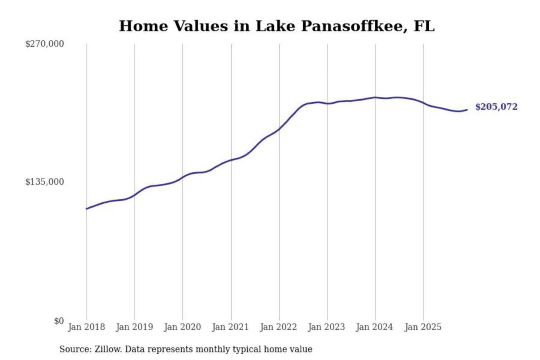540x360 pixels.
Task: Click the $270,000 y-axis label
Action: (x=45, y=44)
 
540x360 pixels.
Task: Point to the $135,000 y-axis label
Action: (x=45, y=182)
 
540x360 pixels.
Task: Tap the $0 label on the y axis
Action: (x=59, y=321)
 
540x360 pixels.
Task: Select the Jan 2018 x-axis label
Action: (x=87, y=327)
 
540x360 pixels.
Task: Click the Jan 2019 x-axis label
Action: (x=135, y=327)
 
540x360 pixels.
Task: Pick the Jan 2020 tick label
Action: (x=183, y=327)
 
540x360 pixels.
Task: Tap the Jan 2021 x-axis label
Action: (x=231, y=327)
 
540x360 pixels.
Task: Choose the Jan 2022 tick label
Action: (x=279, y=327)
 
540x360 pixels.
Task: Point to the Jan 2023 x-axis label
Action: (x=327, y=327)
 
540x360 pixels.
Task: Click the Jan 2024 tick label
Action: (x=375, y=327)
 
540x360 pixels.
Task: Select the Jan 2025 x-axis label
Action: (x=423, y=327)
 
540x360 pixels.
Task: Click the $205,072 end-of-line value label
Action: (x=496, y=107)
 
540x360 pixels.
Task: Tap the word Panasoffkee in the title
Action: (x=354, y=26)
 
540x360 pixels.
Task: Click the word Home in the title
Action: (x=141, y=26)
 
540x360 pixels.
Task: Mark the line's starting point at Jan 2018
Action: (x=87, y=208)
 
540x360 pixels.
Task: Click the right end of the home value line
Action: (x=467, y=110)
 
